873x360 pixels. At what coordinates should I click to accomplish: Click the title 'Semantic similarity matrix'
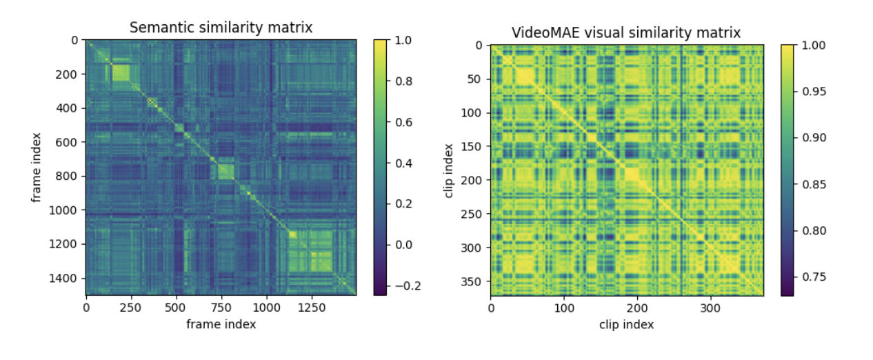(221, 28)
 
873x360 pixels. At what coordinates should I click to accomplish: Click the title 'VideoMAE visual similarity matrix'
(626, 32)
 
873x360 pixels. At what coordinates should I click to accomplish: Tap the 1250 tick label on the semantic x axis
(311, 308)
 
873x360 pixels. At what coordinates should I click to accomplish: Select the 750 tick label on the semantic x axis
(221, 308)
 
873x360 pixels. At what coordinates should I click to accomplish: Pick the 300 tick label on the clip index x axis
(711, 308)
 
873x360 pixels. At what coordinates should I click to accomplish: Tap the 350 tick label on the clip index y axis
(474, 281)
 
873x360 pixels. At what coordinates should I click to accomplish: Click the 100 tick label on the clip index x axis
(564, 308)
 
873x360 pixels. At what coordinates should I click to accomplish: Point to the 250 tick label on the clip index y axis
(474, 214)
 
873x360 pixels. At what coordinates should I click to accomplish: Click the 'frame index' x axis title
(221, 324)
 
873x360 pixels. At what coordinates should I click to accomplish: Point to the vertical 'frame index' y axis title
(36, 168)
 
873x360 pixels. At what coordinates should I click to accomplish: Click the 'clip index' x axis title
(626, 324)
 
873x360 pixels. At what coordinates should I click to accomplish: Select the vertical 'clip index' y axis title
(450, 170)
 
